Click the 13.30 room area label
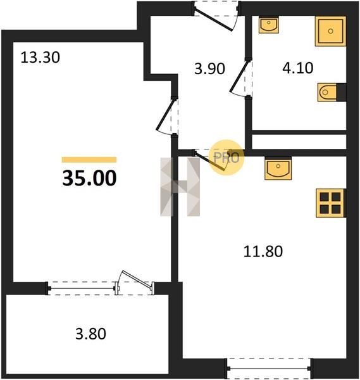[40, 58]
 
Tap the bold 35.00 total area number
[89, 178]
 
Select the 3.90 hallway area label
[209, 68]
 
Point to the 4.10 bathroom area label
[298, 68]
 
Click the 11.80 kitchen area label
[263, 251]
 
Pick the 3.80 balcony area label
[90, 334]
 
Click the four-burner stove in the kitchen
[330, 203]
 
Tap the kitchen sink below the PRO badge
[278, 168]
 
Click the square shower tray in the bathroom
[330, 31]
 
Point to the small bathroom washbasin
[269, 25]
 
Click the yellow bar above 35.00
[89, 160]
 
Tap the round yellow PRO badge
[227, 158]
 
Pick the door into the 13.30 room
[168, 117]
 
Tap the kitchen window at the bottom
[269, 369]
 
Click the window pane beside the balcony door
[82, 288]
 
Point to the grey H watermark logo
[180, 187]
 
